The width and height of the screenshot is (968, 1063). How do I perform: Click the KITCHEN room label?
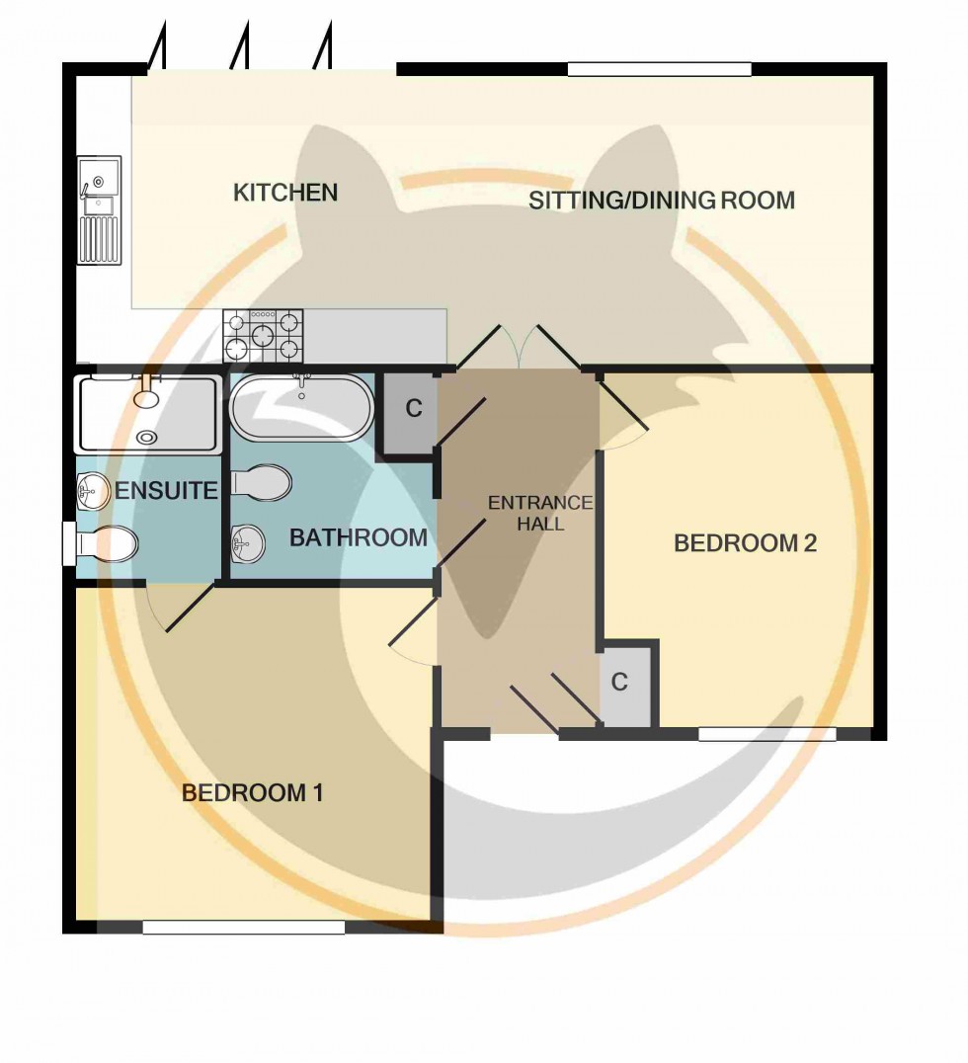[x=285, y=193]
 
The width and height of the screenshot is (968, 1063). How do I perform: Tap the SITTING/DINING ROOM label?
[x=662, y=201]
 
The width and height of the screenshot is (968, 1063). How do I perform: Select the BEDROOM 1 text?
[x=254, y=792]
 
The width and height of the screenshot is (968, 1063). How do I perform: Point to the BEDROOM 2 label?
[x=745, y=543]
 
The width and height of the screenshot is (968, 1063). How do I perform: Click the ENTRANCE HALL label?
[x=539, y=514]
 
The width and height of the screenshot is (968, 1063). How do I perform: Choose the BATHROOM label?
[x=358, y=538]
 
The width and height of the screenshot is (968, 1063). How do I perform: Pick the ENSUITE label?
[x=166, y=490]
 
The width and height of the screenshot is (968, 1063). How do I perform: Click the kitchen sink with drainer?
[x=100, y=210]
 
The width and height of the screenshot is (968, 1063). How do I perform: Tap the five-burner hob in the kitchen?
[x=263, y=335]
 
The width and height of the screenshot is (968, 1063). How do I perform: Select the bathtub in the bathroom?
[x=301, y=407]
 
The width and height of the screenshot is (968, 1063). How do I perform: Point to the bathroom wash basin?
[x=247, y=541]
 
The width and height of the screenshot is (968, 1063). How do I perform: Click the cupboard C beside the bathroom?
[x=412, y=410]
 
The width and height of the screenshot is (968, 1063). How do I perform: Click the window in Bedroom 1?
[x=243, y=928]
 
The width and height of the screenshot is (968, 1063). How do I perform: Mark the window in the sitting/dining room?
[x=659, y=69]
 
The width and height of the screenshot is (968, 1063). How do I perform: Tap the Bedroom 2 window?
[x=767, y=734]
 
